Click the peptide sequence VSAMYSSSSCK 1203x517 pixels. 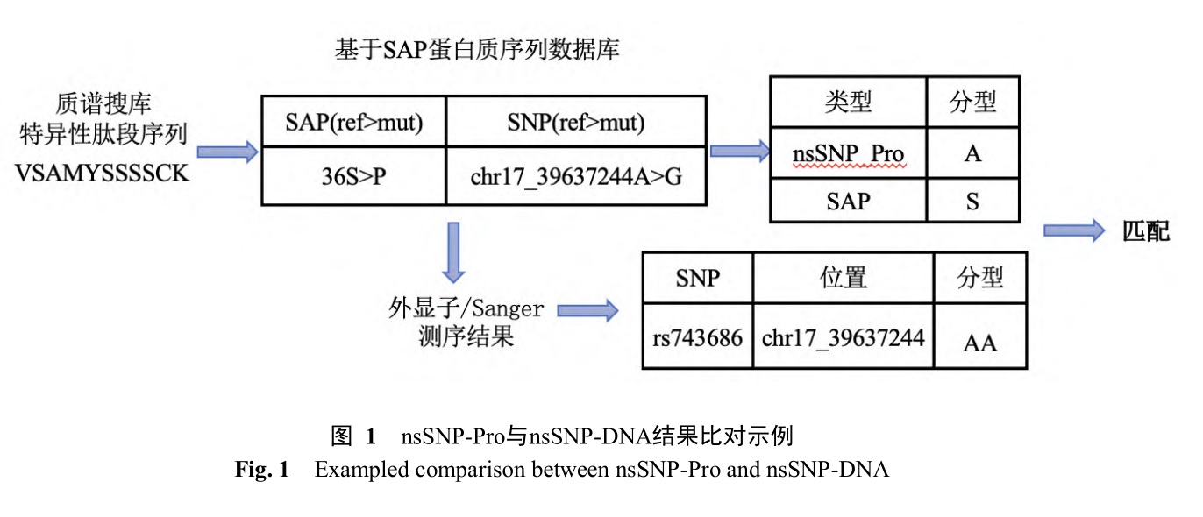point(102,173)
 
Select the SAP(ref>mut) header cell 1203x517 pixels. point(354,122)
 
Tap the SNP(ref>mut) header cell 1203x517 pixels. point(576,122)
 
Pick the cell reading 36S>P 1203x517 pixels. point(354,176)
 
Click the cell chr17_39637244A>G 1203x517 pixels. point(576,176)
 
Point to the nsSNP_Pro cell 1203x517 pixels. point(849,153)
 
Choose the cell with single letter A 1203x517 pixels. point(972,153)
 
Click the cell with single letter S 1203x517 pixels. point(972,201)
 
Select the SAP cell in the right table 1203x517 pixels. point(849,201)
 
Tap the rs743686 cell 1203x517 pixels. point(697,337)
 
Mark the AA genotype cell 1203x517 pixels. point(980,337)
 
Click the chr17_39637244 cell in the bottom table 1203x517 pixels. point(844,337)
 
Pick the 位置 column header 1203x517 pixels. point(844,278)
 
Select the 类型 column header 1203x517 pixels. point(849,102)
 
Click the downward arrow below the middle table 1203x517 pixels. point(453,252)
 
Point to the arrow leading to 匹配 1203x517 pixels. point(1074,230)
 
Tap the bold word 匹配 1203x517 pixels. point(1146,231)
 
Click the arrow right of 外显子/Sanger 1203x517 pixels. point(587,311)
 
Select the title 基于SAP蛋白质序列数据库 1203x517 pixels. point(477,49)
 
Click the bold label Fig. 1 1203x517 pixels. point(261,469)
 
